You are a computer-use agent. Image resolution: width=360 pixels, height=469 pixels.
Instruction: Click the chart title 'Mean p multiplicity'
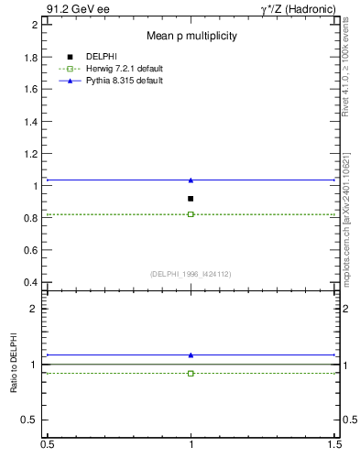click(192, 37)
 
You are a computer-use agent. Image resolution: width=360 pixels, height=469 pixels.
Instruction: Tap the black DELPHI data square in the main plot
click(191, 199)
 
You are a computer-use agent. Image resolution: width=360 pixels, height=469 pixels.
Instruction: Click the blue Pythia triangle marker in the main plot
click(191, 180)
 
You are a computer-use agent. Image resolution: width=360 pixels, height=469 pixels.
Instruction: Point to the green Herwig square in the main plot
click(191, 214)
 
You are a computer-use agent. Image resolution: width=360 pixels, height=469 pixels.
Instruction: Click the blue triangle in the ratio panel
click(191, 354)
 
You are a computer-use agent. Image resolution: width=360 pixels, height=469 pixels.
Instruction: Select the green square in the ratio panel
click(191, 373)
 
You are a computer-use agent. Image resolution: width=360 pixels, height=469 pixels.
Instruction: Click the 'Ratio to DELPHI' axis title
click(15, 367)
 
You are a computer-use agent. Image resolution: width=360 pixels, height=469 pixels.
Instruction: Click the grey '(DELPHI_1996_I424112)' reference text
click(191, 273)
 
